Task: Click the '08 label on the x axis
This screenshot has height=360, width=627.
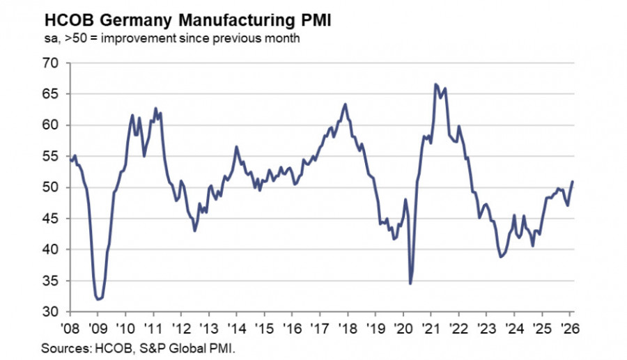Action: click(x=70, y=327)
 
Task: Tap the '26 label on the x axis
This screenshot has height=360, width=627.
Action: click(x=568, y=327)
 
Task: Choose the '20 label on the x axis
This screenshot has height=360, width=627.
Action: click(x=403, y=327)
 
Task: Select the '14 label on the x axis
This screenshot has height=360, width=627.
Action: click(x=236, y=327)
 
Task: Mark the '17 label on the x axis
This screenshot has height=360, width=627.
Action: click(x=320, y=327)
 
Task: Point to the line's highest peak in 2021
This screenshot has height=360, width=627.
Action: click(x=435, y=84)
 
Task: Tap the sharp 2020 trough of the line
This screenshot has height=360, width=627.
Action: click(x=410, y=283)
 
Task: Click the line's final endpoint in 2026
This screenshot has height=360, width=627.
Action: click(x=573, y=182)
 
